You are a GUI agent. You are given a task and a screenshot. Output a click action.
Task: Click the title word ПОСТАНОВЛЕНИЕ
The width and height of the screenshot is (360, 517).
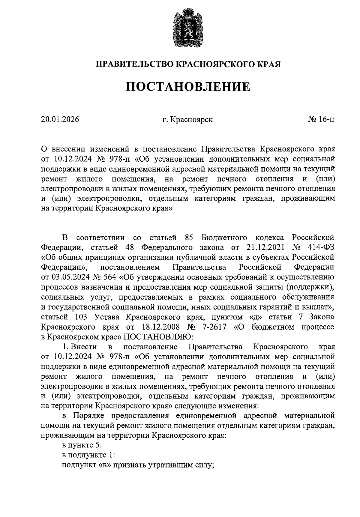coord(187,87)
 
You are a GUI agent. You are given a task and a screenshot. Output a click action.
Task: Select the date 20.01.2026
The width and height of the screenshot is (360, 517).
coord(60,120)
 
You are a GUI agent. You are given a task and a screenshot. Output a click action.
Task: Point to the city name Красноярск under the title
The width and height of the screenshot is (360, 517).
coord(192,120)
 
